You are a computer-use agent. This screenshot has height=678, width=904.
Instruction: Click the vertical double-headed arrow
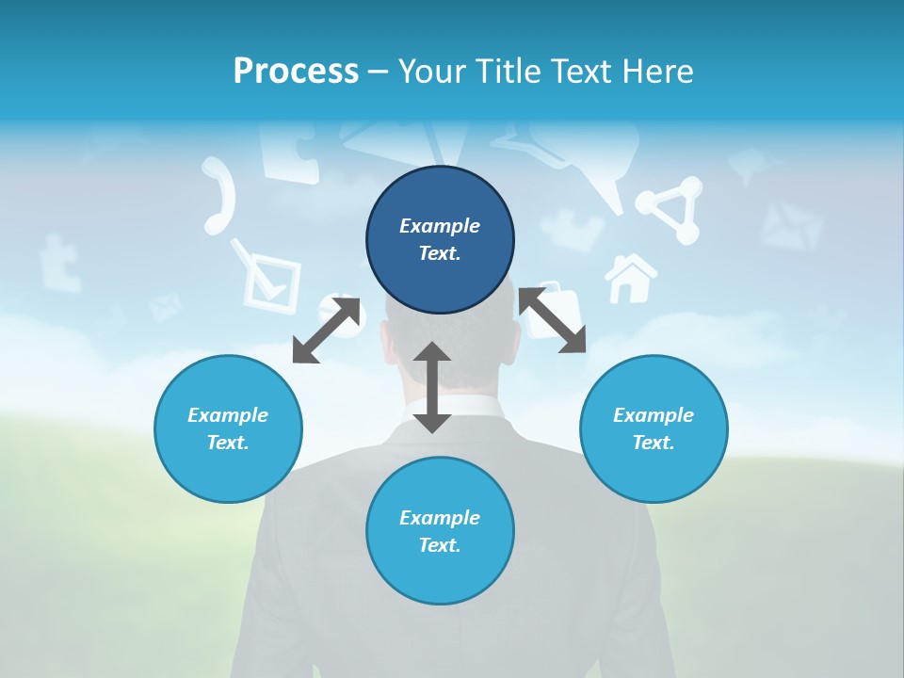pos(432,387)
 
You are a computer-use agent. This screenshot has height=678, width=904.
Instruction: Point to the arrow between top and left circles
pos(327,331)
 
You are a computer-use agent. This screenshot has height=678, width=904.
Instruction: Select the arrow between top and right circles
pos(553,321)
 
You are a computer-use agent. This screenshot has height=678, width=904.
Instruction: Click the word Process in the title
pos(296,71)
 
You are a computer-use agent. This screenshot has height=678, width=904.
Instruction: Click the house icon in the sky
pos(630,278)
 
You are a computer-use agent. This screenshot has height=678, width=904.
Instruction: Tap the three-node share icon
pos(670,211)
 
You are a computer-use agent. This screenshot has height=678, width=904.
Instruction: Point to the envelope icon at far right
pos(791,227)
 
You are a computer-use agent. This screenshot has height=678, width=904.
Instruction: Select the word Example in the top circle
pos(440,226)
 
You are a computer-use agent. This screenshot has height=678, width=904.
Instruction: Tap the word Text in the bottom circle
pos(440,545)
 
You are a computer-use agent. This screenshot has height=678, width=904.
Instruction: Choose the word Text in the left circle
pos(228,443)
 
